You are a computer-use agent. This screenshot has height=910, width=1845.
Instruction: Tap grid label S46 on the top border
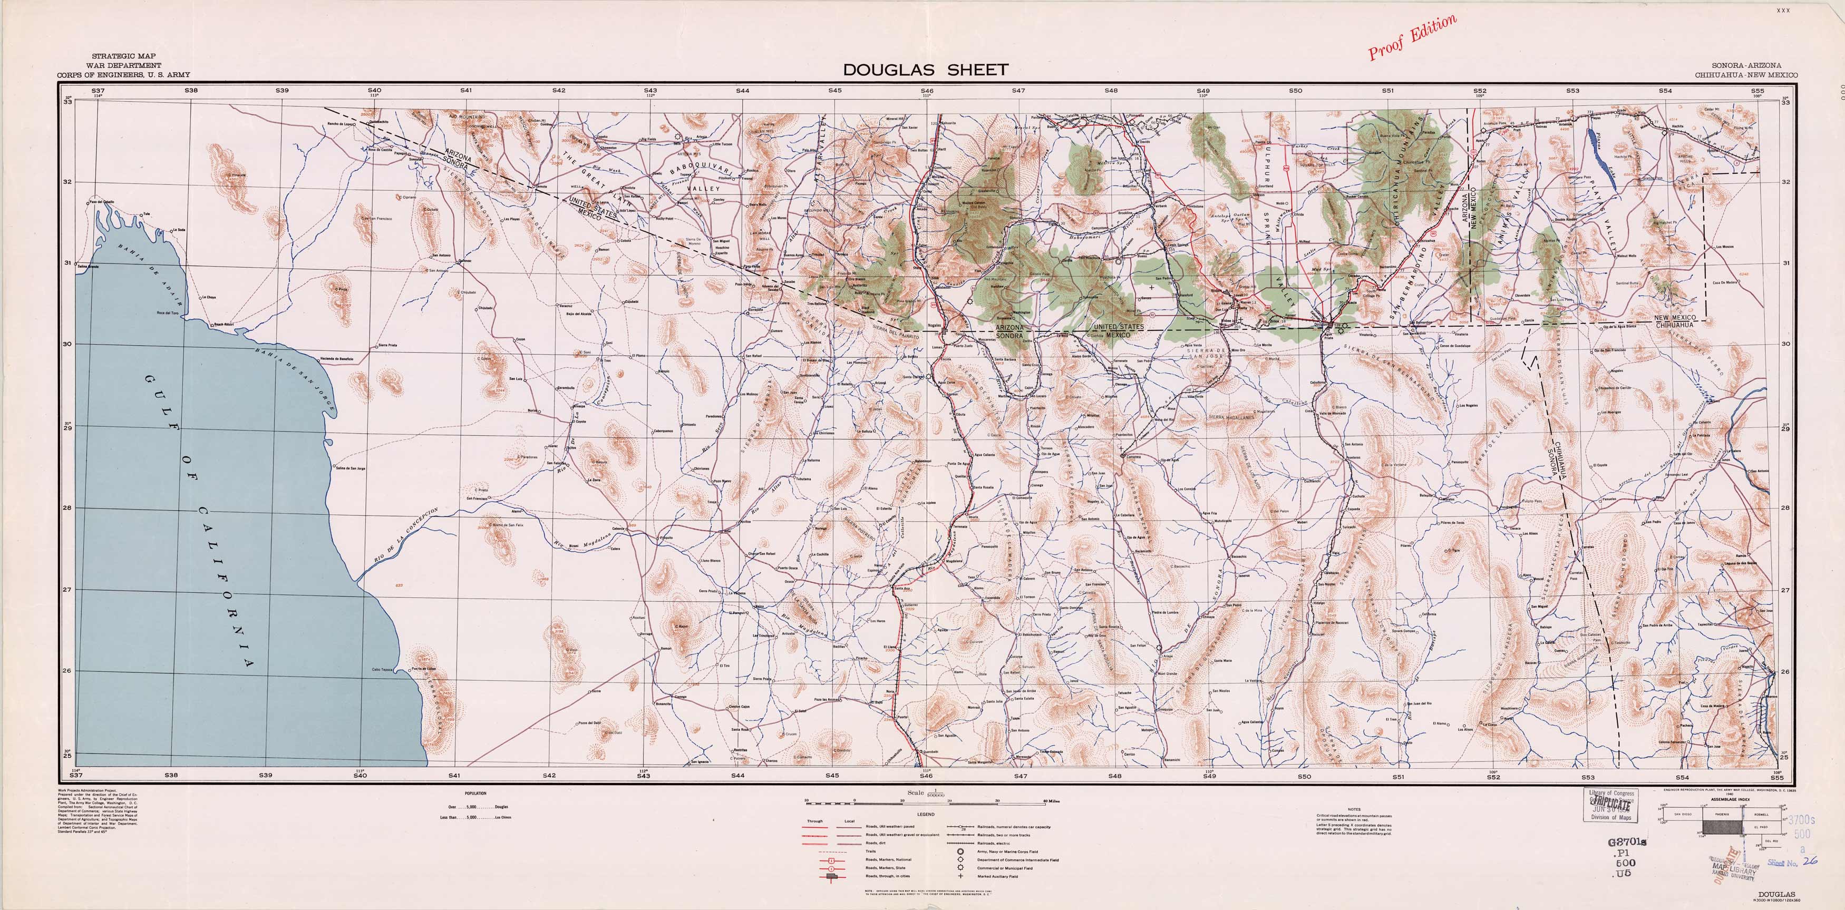point(927,91)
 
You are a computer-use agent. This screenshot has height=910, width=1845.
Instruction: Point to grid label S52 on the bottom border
point(1493,776)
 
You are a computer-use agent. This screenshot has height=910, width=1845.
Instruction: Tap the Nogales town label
point(935,325)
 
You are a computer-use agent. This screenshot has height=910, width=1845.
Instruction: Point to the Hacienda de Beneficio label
point(337,357)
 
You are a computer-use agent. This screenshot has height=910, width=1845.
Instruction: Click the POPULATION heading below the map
point(475,794)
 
